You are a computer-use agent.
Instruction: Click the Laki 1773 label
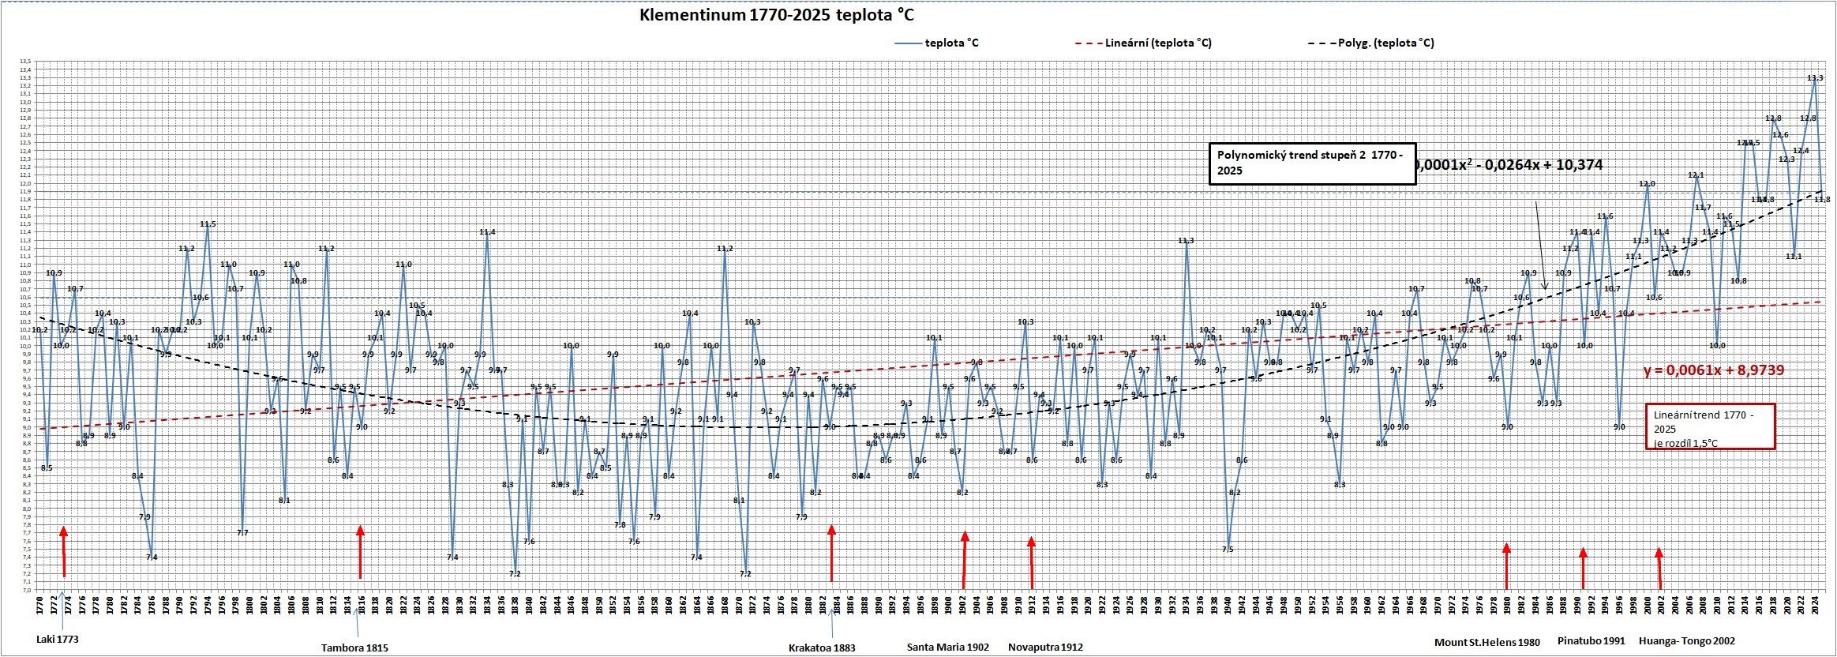(58, 640)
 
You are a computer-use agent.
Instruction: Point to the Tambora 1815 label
(354, 648)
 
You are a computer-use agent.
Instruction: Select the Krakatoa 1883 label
(822, 648)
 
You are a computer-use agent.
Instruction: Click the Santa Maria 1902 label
(947, 647)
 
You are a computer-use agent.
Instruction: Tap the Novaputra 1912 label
(1045, 647)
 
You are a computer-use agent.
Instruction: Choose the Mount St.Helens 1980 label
(1486, 642)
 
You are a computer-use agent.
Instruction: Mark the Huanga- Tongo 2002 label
(1687, 641)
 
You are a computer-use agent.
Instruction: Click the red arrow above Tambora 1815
(360, 552)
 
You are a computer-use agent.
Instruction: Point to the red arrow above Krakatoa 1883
(831, 552)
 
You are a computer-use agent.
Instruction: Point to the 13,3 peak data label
(1815, 77)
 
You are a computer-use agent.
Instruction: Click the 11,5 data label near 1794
(208, 224)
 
